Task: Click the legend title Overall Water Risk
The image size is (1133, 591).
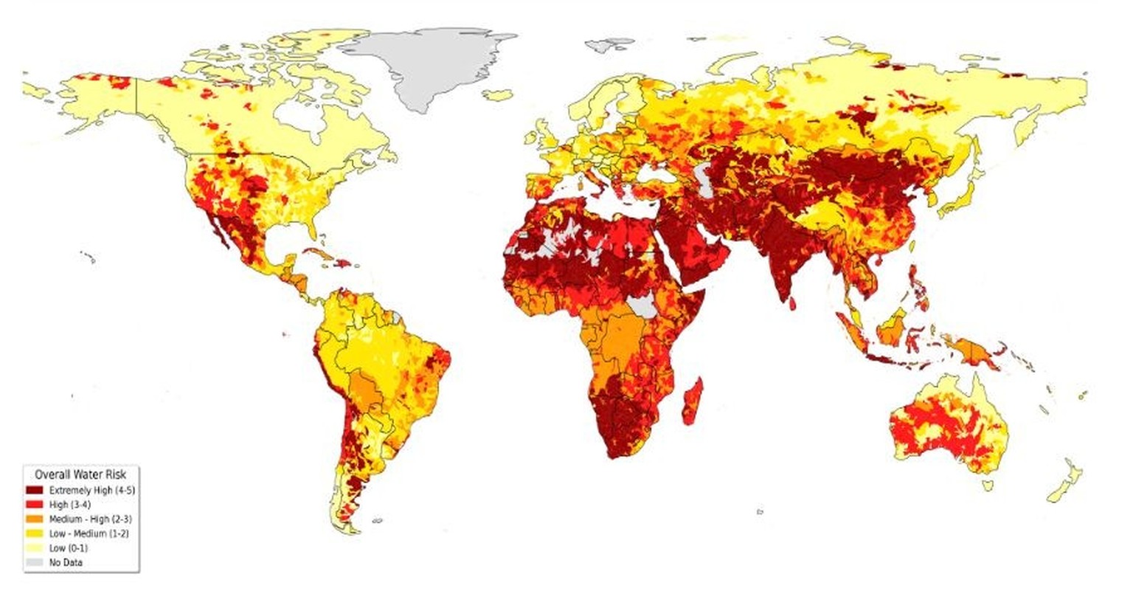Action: pyautogui.click(x=80, y=475)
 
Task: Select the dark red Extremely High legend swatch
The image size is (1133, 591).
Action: pyautogui.click(x=34, y=490)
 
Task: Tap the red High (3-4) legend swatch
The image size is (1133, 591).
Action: pyautogui.click(x=34, y=505)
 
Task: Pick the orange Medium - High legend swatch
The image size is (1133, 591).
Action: pyautogui.click(x=34, y=519)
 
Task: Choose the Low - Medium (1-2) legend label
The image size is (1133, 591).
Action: pyautogui.click(x=89, y=533)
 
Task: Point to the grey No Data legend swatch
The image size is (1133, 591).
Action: pyautogui.click(x=34, y=562)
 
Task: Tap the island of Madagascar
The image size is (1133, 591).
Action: pyautogui.click(x=692, y=401)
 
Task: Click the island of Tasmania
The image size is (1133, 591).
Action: pyautogui.click(x=987, y=485)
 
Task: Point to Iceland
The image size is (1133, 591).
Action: pyautogui.click(x=498, y=95)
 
